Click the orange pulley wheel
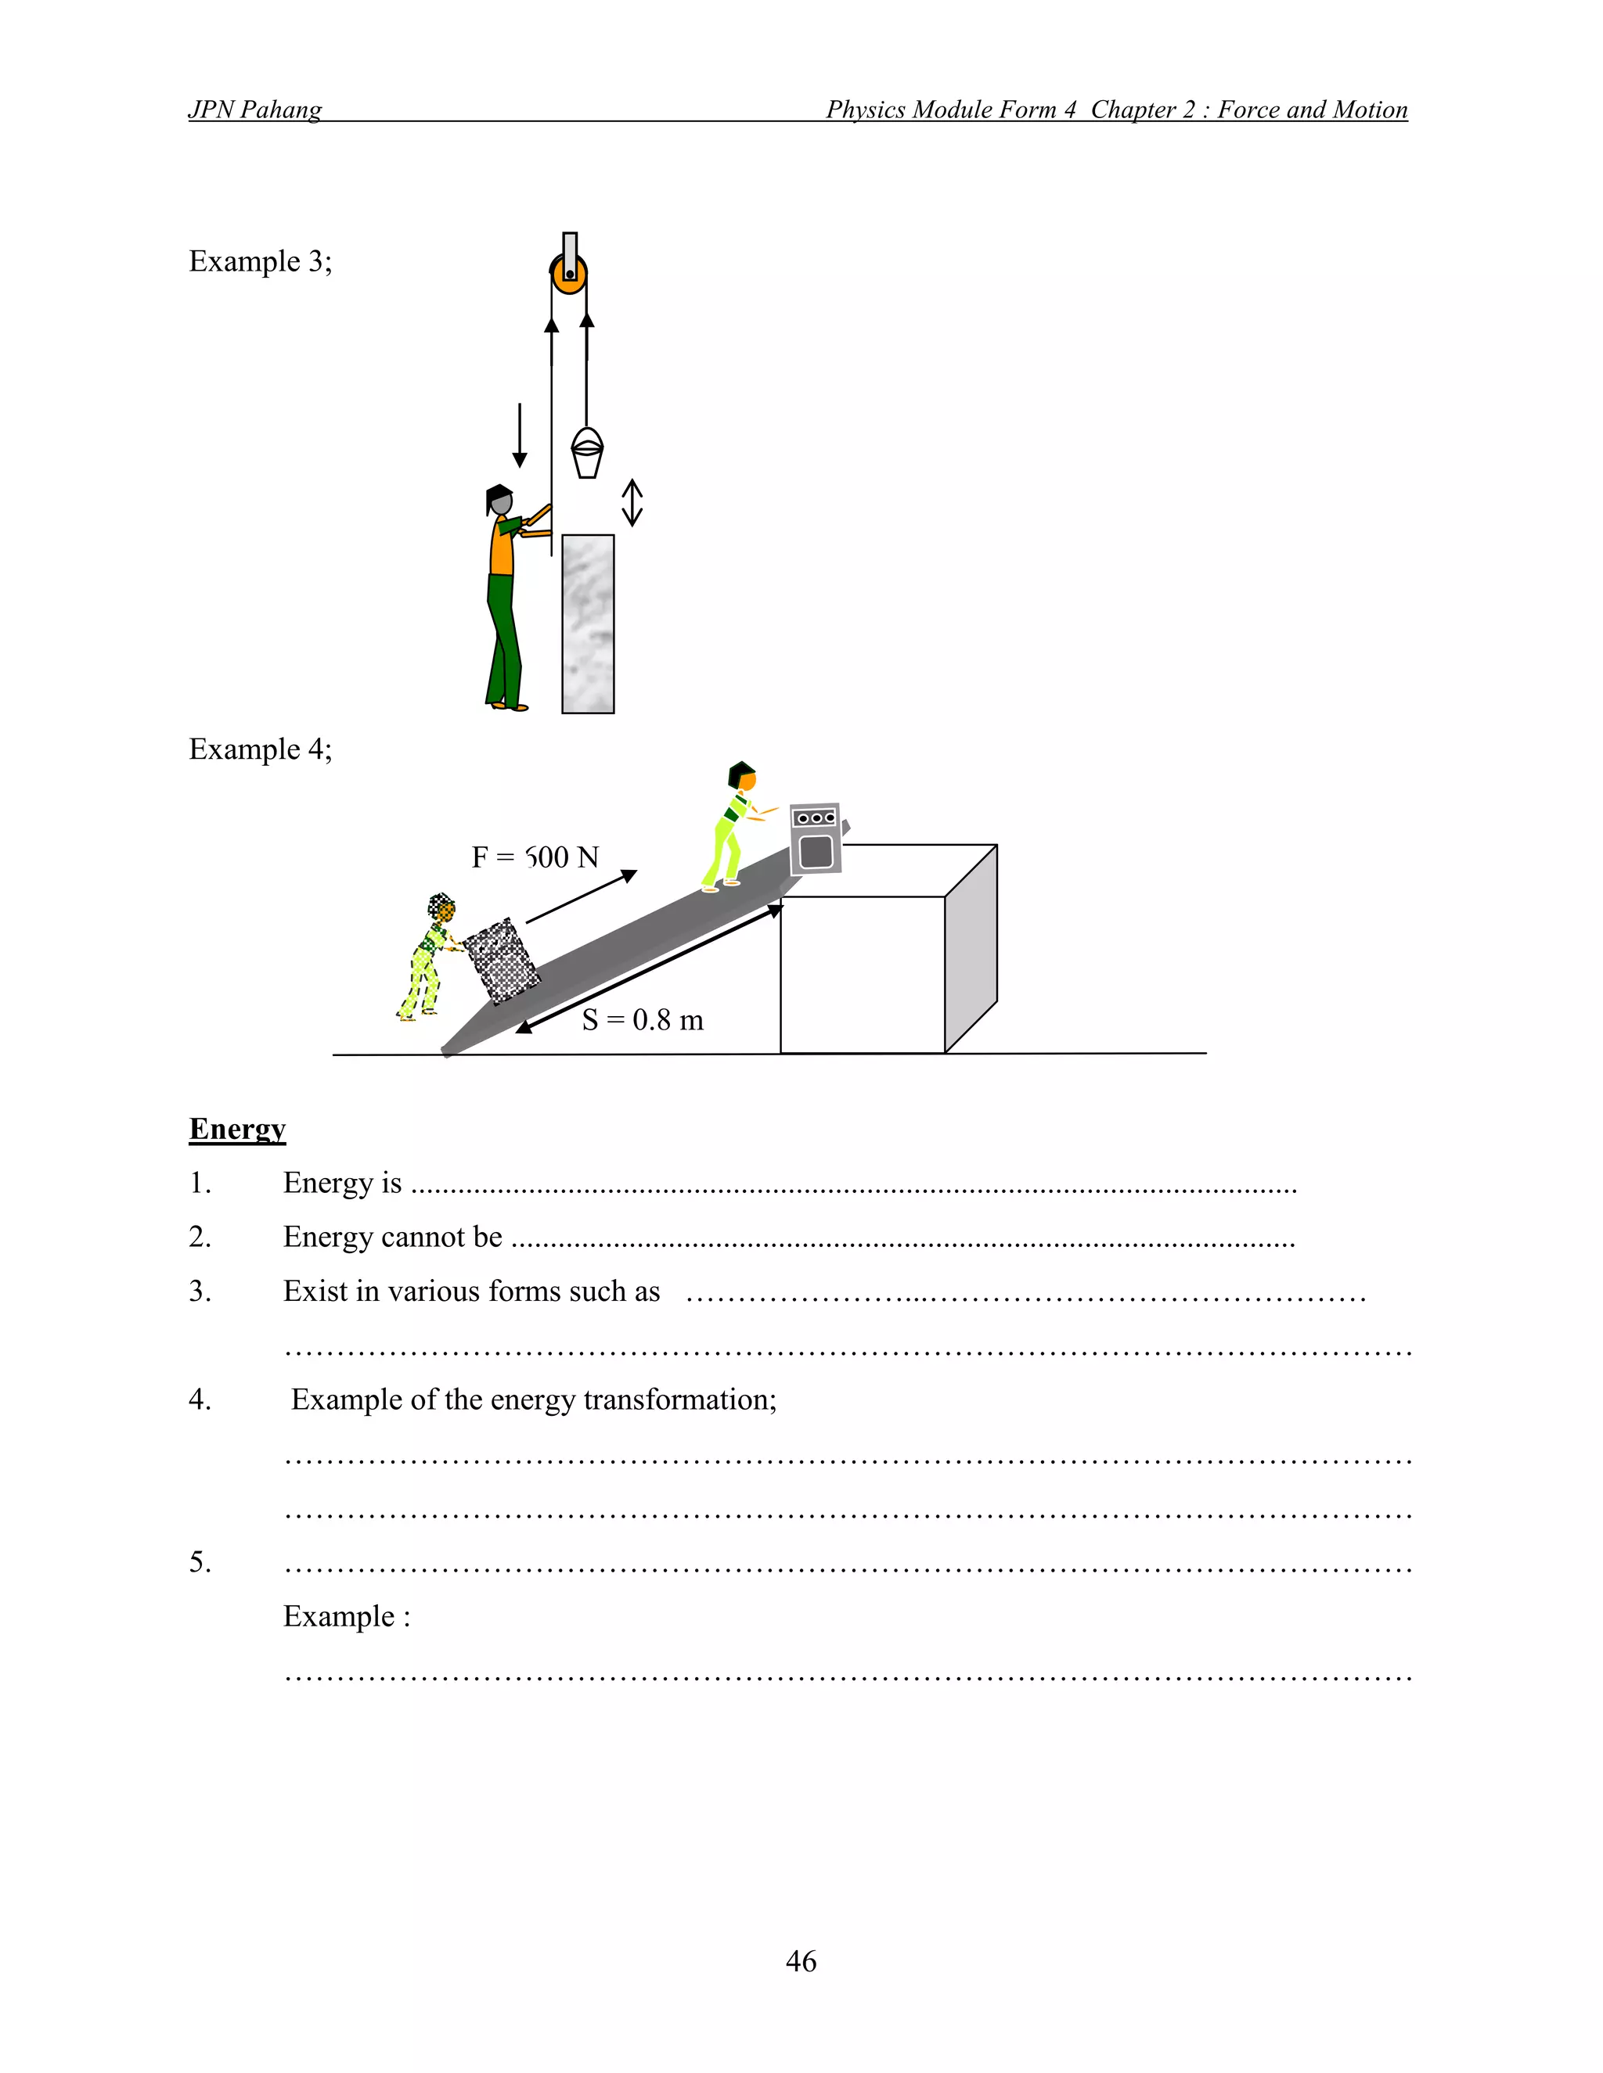[x=569, y=275]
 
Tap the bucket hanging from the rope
[x=587, y=454]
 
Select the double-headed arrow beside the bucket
[x=632, y=502]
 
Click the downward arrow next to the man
[x=520, y=435]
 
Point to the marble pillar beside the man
[x=588, y=623]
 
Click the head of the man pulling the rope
[x=499, y=500]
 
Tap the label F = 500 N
[x=535, y=858]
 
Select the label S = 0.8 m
[x=643, y=1020]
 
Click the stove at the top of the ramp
[x=816, y=838]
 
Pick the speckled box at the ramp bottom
[x=502, y=961]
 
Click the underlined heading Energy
[x=237, y=1129]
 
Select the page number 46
[x=801, y=1961]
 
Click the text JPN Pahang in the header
[x=254, y=110]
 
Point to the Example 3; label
[x=260, y=261]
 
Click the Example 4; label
[x=260, y=749]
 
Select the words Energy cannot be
[x=392, y=1237]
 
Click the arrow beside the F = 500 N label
[x=582, y=896]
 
